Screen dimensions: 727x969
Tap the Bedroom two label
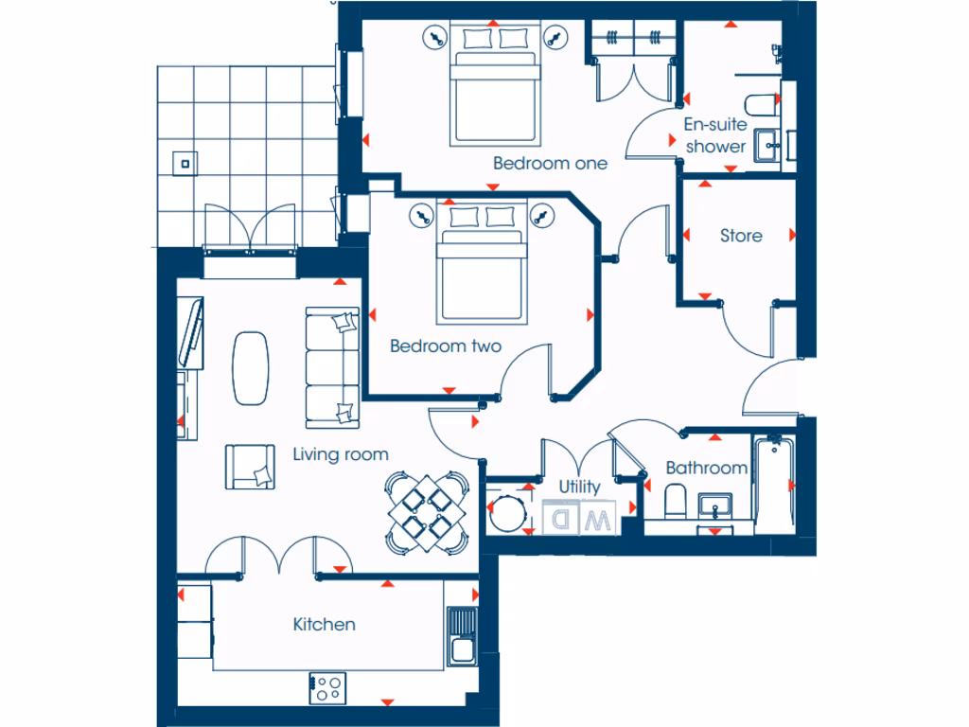pos(446,346)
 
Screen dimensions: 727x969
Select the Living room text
pos(341,455)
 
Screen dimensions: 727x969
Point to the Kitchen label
pos(325,625)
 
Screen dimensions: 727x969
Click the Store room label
pos(741,236)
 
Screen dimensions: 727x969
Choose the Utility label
pos(579,487)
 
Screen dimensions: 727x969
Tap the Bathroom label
pos(706,469)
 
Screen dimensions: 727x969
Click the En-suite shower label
pos(716,135)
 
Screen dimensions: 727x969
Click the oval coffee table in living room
pos(252,368)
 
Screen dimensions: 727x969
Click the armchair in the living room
pos(250,467)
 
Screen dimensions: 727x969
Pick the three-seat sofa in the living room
pos(332,367)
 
